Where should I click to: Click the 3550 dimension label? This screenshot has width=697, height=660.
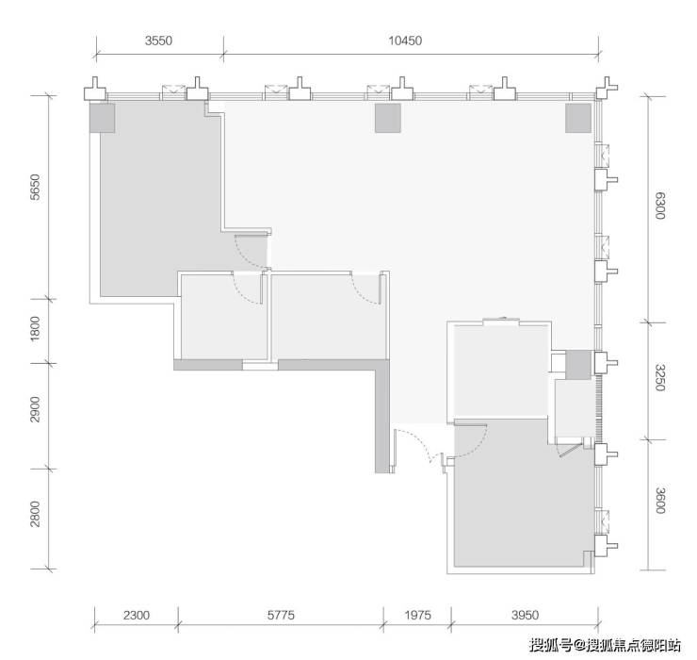[x=158, y=41]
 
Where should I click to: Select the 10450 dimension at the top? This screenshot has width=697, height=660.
[x=405, y=41]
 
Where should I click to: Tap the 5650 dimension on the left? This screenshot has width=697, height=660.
[x=35, y=187]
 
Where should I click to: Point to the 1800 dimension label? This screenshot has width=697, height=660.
[x=35, y=328]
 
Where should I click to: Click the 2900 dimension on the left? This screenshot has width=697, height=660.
[x=35, y=409]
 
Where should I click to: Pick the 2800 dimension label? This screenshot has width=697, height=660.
[x=35, y=514]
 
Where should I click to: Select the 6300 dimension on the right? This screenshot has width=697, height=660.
[x=660, y=206]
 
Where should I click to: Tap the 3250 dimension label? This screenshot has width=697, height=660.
[x=660, y=377]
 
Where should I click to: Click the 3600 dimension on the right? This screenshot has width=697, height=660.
[x=660, y=501]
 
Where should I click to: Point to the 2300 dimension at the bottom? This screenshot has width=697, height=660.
[x=137, y=615]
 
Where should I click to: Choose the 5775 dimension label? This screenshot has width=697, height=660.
[x=281, y=615]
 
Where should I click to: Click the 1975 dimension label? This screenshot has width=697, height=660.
[x=417, y=615]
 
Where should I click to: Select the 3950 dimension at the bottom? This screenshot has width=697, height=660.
[x=525, y=615]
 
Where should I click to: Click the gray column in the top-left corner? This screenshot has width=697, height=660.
[x=103, y=118]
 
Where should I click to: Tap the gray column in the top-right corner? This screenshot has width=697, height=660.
[x=578, y=118]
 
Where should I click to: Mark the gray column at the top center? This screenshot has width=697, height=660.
[x=388, y=118]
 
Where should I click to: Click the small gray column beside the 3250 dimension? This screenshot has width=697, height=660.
[x=578, y=365]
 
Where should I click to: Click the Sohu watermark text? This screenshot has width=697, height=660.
[x=605, y=644]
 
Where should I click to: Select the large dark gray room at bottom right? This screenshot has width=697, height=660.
[x=520, y=494]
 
